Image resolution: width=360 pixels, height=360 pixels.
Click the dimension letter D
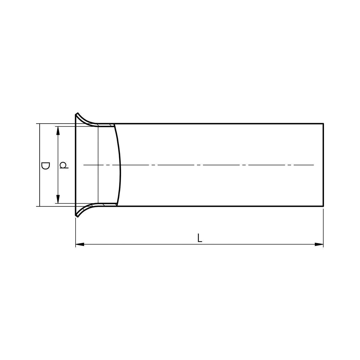(x=45, y=166)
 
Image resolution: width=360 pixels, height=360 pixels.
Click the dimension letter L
(x=200, y=238)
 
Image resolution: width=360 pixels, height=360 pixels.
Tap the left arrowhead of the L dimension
(x=80, y=244)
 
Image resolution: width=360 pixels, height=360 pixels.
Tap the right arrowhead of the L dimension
(x=319, y=244)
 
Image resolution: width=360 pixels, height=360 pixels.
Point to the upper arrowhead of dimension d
(x=58, y=130)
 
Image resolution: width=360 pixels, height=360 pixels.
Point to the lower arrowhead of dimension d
(x=58, y=199)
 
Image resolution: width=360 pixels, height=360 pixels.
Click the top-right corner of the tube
(x=323, y=124)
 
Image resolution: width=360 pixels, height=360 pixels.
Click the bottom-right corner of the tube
(x=323, y=206)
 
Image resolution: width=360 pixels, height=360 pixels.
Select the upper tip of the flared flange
(x=77, y=113)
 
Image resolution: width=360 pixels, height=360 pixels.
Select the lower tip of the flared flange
(x=77, y=217)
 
